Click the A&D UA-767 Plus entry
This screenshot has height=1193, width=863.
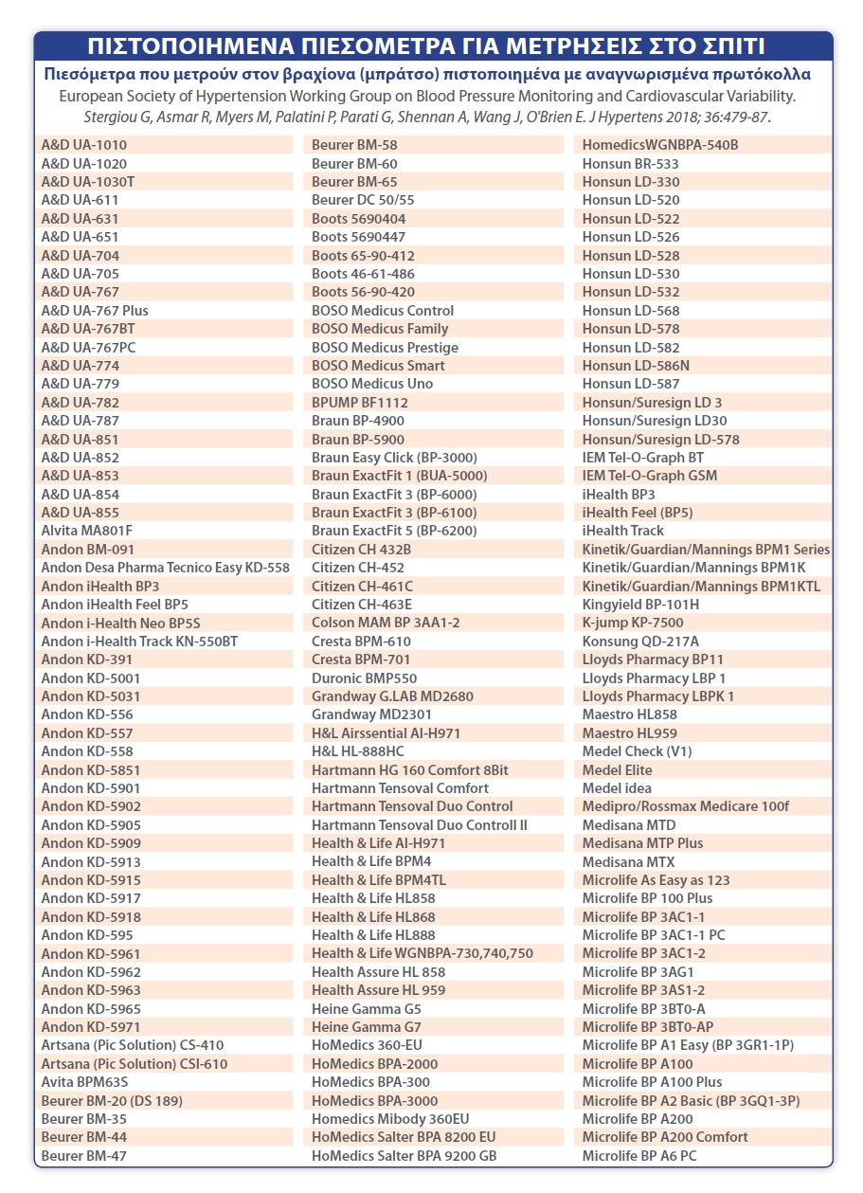point(95,311)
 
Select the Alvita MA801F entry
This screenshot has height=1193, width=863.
point(87,531)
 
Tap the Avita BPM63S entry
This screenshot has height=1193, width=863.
point(84,1082)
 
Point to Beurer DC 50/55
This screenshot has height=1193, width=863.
point(363,200)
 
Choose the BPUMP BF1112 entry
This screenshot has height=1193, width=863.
point(360,403)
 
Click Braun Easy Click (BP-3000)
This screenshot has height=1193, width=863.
point(394,458)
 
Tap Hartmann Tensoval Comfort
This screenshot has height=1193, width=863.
point(400,788)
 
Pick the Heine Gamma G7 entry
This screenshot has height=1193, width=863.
point(367,1027)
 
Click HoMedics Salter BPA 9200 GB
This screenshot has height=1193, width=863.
point(404,1156)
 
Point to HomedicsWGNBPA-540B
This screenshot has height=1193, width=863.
point(660,145)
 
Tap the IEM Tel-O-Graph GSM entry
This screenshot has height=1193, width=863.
point(650,476)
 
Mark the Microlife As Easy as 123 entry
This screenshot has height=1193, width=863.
point(656,880)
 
